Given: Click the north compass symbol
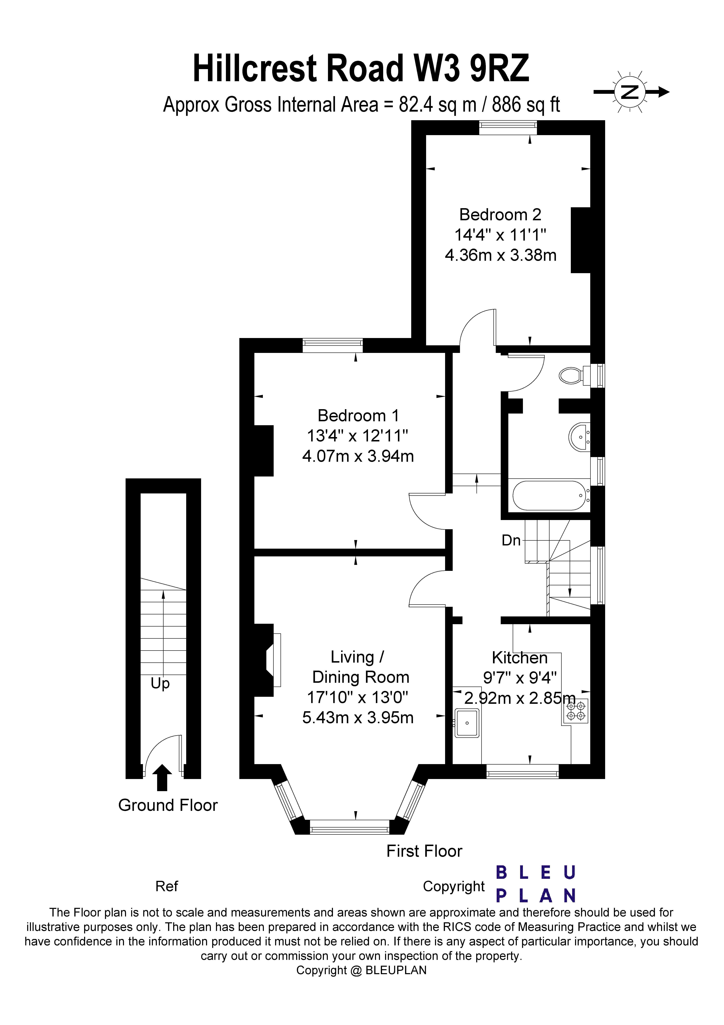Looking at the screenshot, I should coord(630,92).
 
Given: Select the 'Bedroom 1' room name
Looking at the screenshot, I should coord(358,416).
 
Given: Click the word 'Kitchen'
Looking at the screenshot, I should coord(519,658).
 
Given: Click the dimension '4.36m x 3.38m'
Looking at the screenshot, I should coord(500,255).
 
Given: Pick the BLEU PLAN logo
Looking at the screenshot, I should coord(536,884).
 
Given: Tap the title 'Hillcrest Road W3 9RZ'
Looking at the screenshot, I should coord(361,68).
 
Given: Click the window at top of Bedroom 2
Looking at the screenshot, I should coord(508,128).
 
